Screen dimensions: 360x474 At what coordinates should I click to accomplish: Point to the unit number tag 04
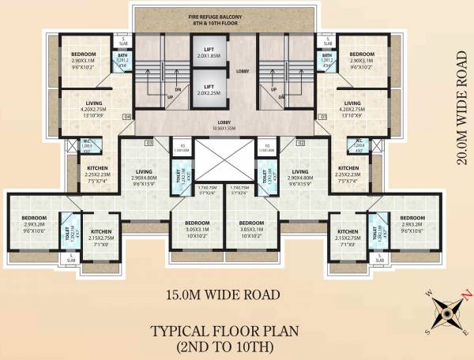pos(126,118)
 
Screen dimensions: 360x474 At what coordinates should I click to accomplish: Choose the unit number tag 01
pos(322,118)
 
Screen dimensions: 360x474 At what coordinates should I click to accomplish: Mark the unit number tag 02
pos(301,143)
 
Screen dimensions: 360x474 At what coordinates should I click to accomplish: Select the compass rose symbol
pos(446,313)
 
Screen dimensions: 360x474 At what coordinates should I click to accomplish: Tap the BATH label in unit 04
pos(123,55)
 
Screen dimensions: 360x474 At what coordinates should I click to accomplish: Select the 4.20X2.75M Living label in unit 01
pos(352,107)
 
